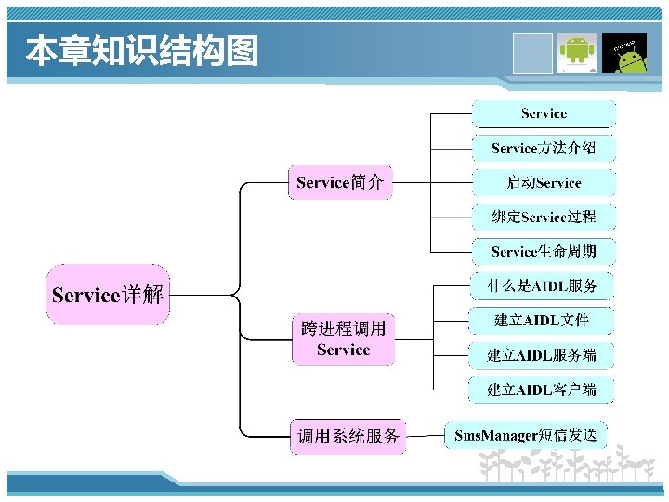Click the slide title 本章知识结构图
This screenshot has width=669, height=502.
coord(141,52)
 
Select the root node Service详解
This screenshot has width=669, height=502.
coord(109,296)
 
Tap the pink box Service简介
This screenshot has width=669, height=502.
coord(340,182)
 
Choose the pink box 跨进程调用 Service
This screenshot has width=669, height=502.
coord(343,339)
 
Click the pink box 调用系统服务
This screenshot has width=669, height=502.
coord(348,436)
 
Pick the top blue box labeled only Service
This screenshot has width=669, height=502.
coord(544,113)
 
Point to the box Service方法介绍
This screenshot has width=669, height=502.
coord(544,148)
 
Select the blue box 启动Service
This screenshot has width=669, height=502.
coord(544,182)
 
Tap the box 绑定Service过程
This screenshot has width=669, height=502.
coord(544,217)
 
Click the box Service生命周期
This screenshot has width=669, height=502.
coord(544,251)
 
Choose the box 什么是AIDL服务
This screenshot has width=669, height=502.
coord(544,285)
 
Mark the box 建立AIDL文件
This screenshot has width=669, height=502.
coord(543,321)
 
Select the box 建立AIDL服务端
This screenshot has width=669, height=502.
coord(543,355)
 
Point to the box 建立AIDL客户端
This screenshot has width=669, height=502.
coord(543,390)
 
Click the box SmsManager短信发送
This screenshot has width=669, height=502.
coord(526,434)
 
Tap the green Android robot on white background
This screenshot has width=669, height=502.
coord(577,52)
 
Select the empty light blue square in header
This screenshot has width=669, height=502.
coord(533,52)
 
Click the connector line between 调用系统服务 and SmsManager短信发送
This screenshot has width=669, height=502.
coord(425,435)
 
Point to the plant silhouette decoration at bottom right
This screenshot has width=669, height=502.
coord(567,465)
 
